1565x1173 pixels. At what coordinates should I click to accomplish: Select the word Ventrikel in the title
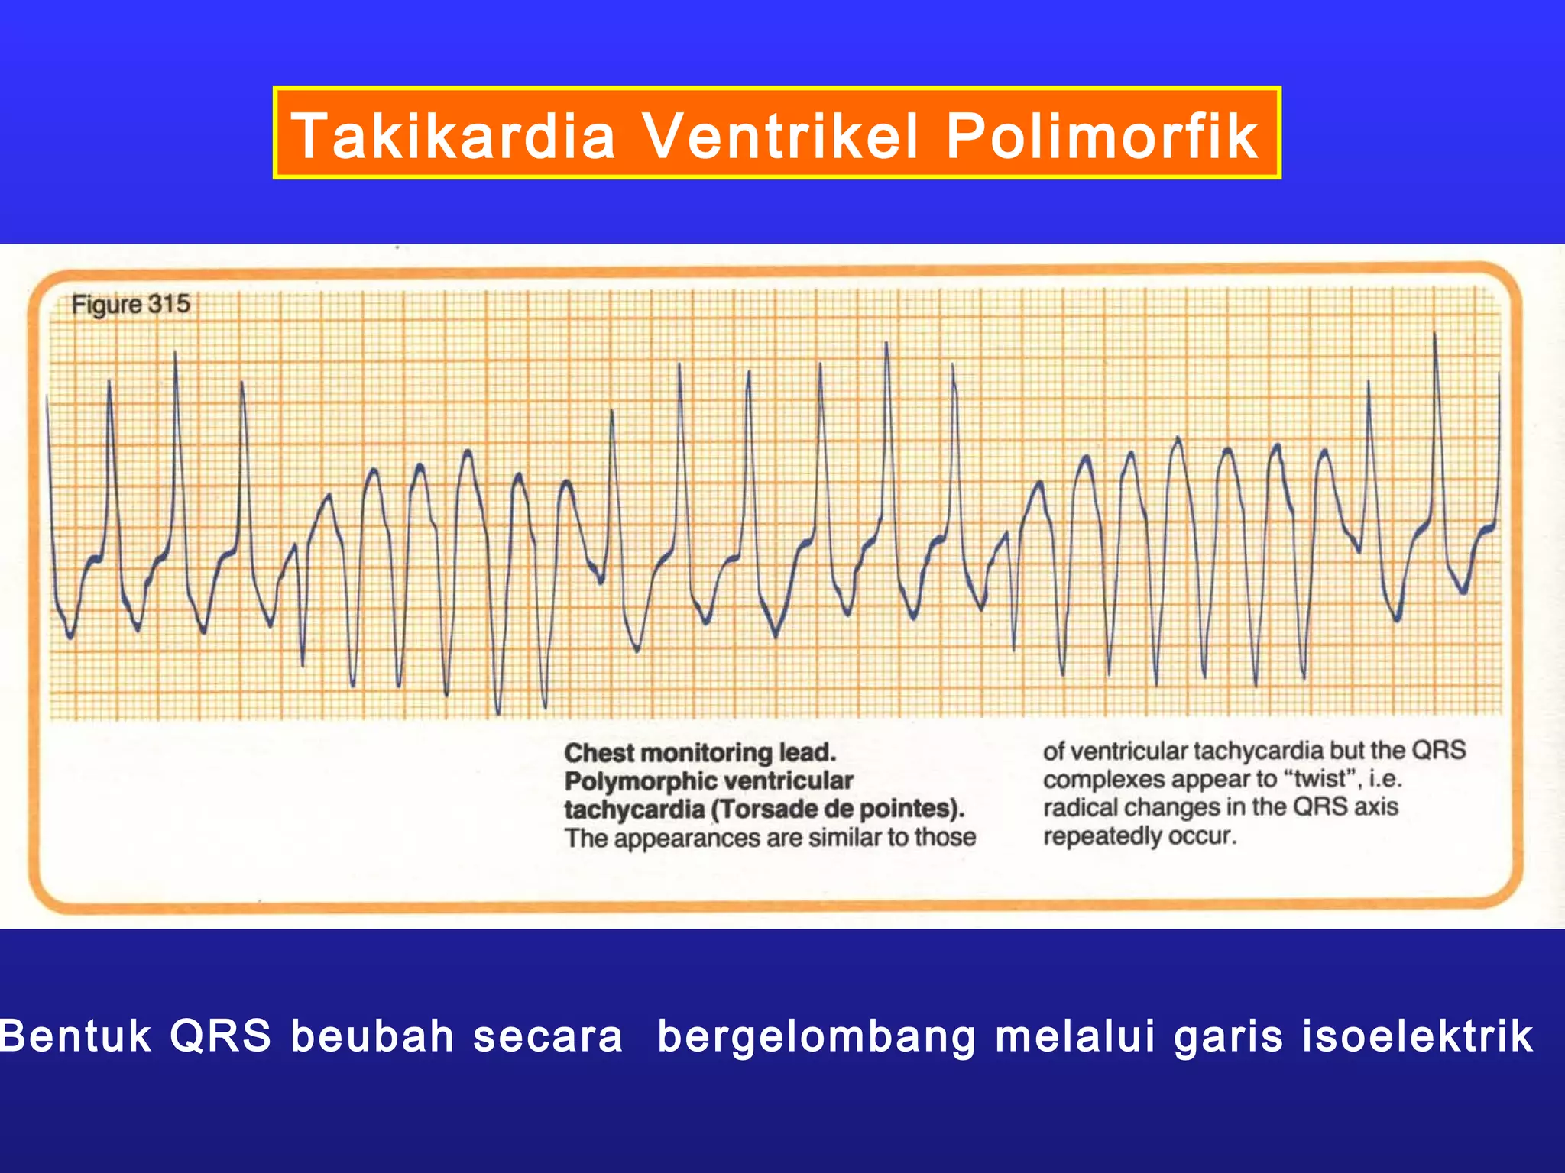[x=779, y=136]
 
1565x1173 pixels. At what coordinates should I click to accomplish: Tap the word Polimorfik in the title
[x=1101, y=136]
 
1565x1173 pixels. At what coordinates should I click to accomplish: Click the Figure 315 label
[x=131, y=304]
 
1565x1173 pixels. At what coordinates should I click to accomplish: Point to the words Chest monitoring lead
[x=700, y=753]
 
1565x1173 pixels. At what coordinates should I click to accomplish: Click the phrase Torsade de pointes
[x=838, y=809]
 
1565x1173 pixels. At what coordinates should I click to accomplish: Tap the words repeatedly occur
[x=1139, y=836]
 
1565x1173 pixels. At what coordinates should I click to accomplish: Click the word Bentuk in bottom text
[x=76, y=1036]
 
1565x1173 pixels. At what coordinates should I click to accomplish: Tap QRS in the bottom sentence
[x=220, y=1036]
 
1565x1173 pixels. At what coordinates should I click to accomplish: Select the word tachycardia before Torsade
[x=633, y=809]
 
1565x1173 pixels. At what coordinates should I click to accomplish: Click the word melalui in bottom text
[x=1075, y=1036]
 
